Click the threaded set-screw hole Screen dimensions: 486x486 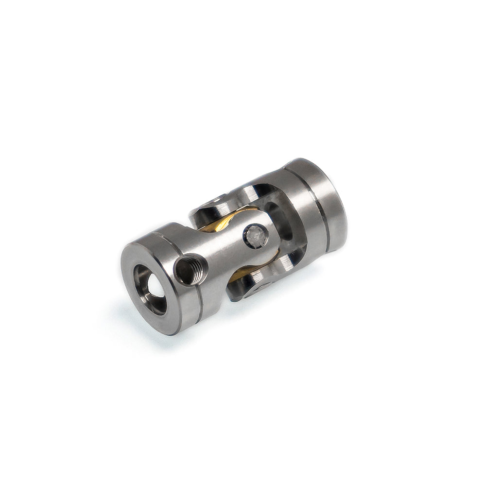[x=191, y=269]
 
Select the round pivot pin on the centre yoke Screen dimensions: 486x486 [x=255, y=236]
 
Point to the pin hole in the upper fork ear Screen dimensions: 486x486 [x=214, y=200]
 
